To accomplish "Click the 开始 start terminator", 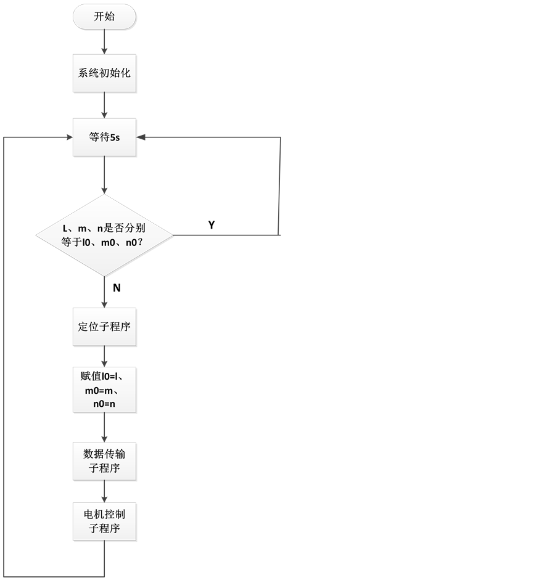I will (x=104, y=17).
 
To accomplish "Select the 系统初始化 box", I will (x=104, y=73).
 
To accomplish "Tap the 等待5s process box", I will (x=104, y=137).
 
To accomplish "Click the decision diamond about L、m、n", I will (x=105, y=235).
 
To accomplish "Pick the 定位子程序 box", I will (x=104, y=327).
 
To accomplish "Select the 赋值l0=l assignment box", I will (x=104, y=390).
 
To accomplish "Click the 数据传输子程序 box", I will (x=104, y=462).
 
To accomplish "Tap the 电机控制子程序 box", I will (x=104, y=521).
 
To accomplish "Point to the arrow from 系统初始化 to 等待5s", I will (x=104, y=105).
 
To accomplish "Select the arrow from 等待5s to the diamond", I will (x=104, y=175).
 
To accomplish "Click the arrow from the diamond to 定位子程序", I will (x=104, y=292).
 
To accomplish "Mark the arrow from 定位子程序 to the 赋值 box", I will (x=104, y=357).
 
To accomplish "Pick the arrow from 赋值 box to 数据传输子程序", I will (x=104, y=428).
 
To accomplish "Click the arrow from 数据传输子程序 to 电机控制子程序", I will (x=104, y=492).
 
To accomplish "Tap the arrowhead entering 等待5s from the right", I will (x=141, y=137).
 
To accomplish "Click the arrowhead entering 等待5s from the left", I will (x=68, y=137).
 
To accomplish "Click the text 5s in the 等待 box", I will (x=114, y=137).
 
